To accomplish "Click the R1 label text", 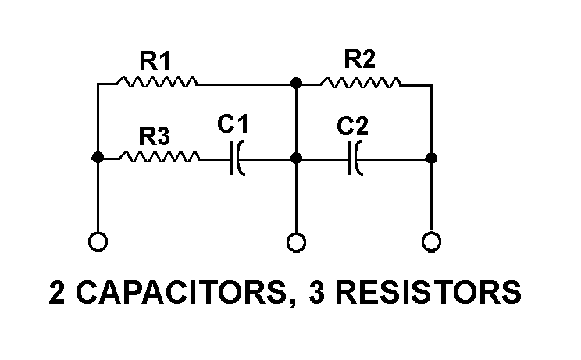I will pos(155,59).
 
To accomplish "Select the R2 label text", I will pos(361,59).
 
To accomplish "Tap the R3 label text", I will pos(155,137).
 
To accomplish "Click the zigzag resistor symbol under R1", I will pos(155,81).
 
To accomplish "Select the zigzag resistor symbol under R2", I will pos(361,81).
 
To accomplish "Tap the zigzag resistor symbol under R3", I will pos(160,158).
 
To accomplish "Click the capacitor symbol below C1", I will pos(237,159).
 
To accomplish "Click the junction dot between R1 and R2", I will pos(295,81).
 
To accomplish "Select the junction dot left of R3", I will pos(98,158).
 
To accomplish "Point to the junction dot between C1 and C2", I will pos(295,158).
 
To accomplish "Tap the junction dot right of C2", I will pos(431,158).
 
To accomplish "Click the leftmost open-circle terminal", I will pos(98,242).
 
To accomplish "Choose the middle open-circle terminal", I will pos(295,242).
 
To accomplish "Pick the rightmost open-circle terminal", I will pos(431,242).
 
